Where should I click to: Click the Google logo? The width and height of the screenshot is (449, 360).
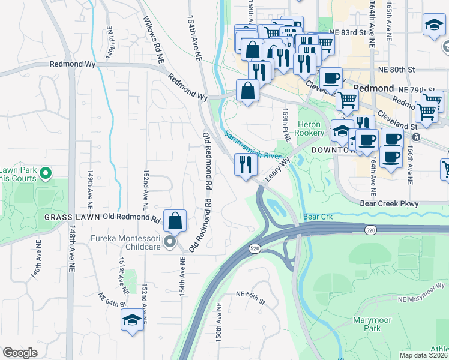pyautogui.click(x=20, y=353)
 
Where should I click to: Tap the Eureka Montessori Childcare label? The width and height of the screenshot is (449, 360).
pyautogui.click(x=127, y=242)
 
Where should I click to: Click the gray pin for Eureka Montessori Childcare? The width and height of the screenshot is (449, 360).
pyautogui.click(x=170, y=242)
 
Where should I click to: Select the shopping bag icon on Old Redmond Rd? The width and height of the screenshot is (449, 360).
pyautogui.click(x=175, y=220)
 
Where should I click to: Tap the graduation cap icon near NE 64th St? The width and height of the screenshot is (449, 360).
pyautogui.click(x=132, y=320)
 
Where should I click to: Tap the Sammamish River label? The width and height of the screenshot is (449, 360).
pyautogui.click(x=252, y=145)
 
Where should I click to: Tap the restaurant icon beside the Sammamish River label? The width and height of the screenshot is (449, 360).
pyautogui.click(x=244, y=164)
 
